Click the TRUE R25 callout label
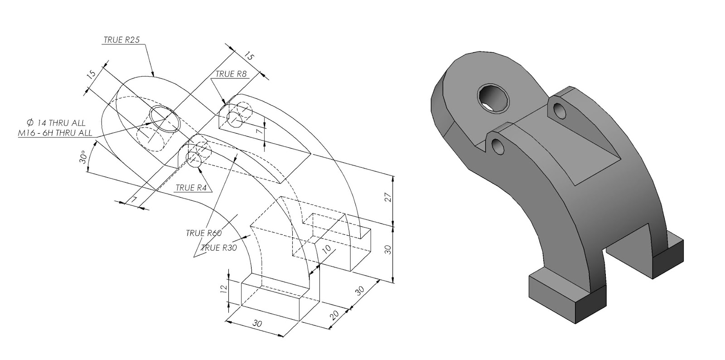point(121,40)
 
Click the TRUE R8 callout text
point(231,74)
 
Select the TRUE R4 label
point(191,187)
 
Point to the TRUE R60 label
point(203,234)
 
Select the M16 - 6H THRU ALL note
point(55,133)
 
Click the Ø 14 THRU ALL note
point(56,123)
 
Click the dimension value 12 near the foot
point(223,289)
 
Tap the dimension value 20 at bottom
point(334,316)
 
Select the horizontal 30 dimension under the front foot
point(257,324)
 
